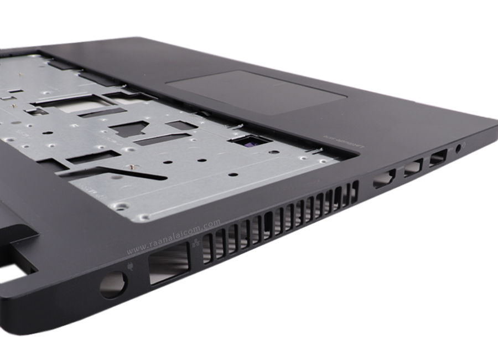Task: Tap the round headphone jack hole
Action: pos(459,148)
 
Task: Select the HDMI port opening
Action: pos(385,178)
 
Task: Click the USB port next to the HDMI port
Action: pos(413,168)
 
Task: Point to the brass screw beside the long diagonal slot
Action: pos(132,166)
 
